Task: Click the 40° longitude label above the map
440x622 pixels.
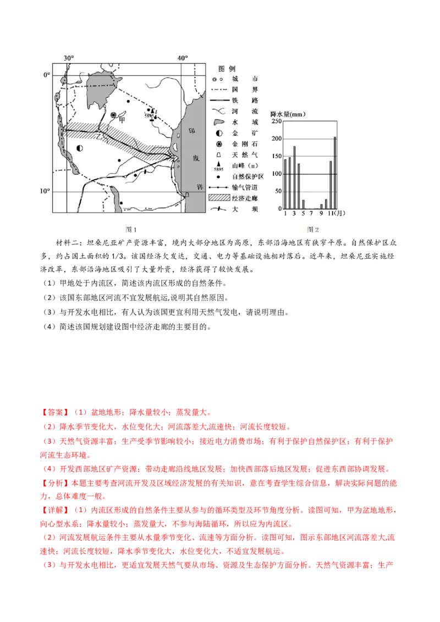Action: tap(183, 58)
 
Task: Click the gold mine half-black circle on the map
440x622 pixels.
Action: tap(80, 148)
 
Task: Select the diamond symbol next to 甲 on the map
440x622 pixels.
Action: tap(113, 115)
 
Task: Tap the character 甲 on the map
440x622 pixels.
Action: tap(122, 120)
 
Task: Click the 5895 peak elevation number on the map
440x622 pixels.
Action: tap(149, 116)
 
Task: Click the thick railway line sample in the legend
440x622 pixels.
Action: tap(219, 101)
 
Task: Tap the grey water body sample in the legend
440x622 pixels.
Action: tap(218, 122)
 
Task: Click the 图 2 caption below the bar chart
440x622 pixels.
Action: tap(313, 230)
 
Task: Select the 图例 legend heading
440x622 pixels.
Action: tap(227, 68)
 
